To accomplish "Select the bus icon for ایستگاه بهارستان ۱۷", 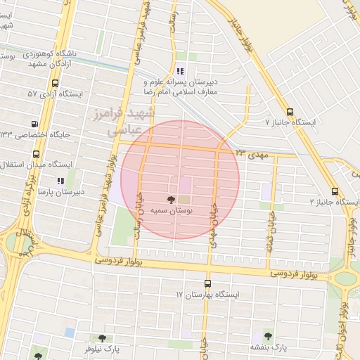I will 207,283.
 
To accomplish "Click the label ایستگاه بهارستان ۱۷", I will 208,294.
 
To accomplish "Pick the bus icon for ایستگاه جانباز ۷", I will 290,111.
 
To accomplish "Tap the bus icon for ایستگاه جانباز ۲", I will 335,191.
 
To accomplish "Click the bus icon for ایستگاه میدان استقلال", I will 35,154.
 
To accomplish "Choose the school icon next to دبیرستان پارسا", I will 60,180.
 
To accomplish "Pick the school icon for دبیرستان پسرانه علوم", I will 180,70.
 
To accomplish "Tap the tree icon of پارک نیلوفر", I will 103,338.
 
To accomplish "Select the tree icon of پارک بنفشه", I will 268,336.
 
